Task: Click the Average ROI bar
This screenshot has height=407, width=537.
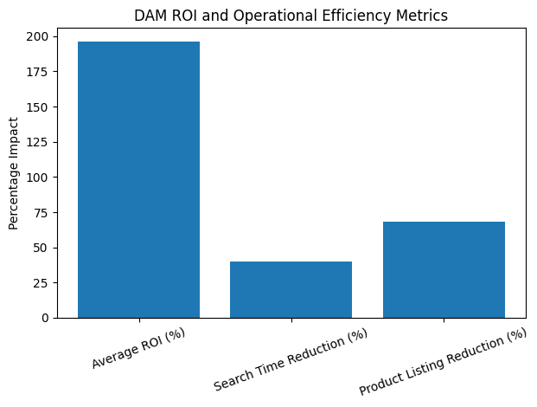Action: [138, 179]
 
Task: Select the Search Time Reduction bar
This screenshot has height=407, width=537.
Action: [291, 289]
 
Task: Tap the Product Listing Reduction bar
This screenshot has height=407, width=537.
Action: [443, 269]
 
